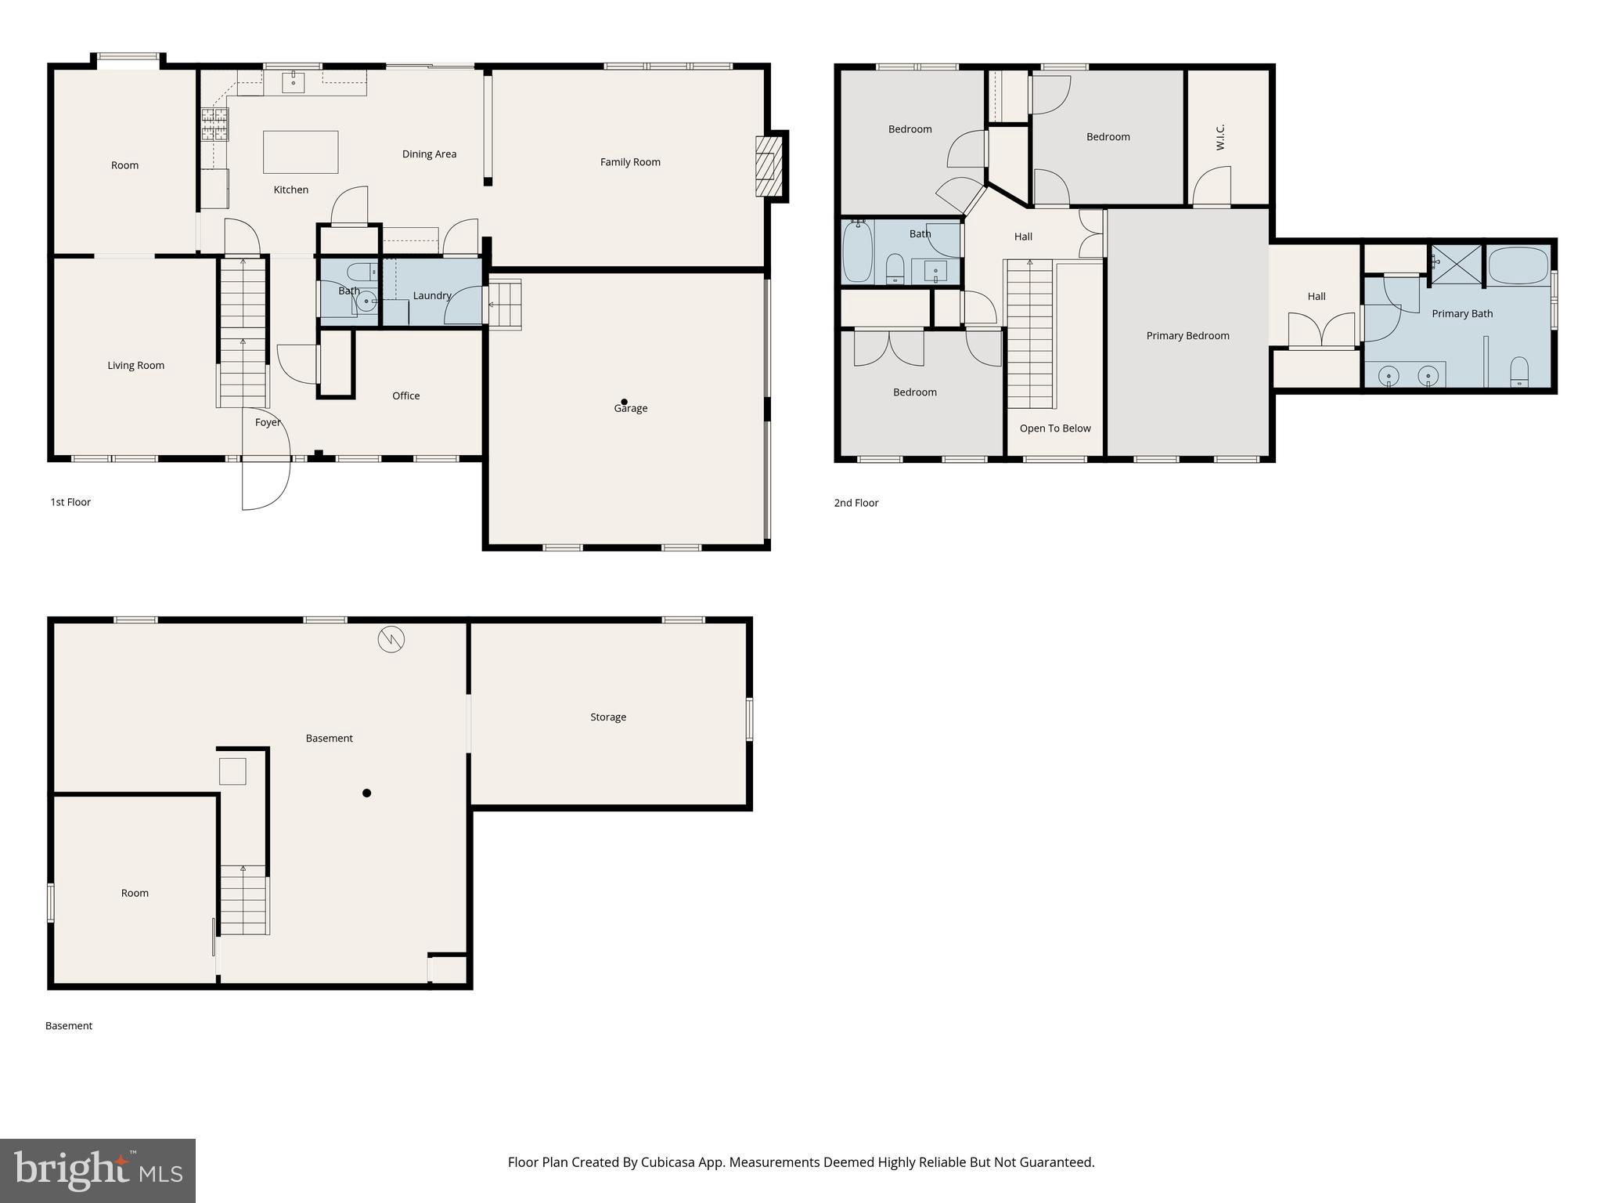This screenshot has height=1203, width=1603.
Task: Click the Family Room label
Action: [x=630, y=162]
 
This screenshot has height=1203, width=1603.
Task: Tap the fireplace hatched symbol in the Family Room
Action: [x=769, y=167]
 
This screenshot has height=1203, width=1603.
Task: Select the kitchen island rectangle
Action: [x=301, y=152]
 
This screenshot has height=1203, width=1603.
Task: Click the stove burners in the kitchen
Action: [x=214, y=125]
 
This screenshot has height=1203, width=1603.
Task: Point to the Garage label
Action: [x=631, y=408]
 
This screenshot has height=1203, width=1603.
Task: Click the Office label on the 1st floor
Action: [x=405, y=396]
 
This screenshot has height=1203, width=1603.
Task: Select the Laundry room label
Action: [x=431, y=295]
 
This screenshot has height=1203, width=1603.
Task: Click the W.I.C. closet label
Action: [x=1220, y=137]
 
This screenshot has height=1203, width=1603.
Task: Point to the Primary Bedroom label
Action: [x=1187, y=335]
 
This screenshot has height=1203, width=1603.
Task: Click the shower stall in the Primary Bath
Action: [x=1457, y=265]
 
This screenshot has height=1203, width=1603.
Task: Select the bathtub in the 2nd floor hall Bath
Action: [x=857, y=251]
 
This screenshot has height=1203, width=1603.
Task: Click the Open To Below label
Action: [x=1054, y=428]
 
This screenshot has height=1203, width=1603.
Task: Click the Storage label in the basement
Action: [x=608, y=717]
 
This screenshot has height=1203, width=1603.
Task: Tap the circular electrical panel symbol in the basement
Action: [x=391, y=639]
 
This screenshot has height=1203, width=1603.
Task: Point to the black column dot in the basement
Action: [x=366, y=793]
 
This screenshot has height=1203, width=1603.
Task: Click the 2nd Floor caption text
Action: [x=856, y=503]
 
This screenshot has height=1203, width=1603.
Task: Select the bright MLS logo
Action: [x=98, y=1170]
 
